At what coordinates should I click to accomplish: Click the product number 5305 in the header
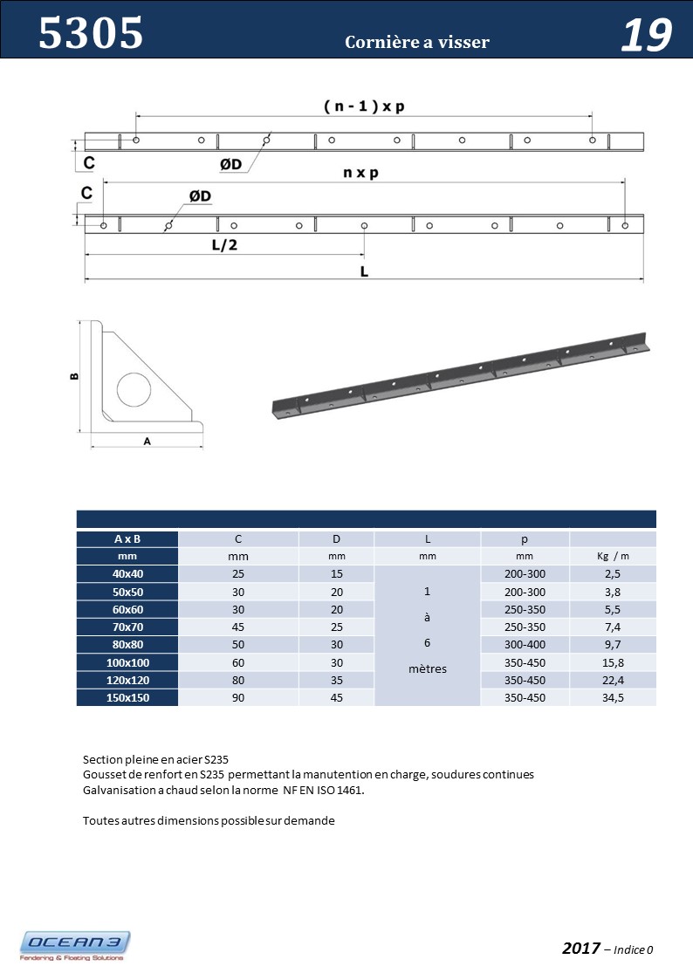click(x=91, y=35)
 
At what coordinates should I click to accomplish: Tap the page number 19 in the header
click(x=646, y=36)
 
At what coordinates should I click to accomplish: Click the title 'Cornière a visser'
click(x=417, y=42)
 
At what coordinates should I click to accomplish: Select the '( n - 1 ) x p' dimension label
click(x=364, y=106)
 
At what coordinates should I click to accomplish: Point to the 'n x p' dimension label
click(x=360, y=173)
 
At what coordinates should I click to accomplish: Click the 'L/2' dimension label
click(x=224, y=245)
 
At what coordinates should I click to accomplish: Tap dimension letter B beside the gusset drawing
click(x=74, y=376)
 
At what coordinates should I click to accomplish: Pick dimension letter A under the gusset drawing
click(x=148, y=442)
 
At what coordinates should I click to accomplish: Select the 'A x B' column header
click(x=127, y=539)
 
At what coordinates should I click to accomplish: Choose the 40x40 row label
click(x=127, y=574)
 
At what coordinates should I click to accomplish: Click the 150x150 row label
click(x=127, y=697)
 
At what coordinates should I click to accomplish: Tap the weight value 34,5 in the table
click(x=612, y=697)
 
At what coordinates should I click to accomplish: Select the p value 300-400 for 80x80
click(x=525, y=645)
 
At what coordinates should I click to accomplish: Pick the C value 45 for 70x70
click(x=238, y=627)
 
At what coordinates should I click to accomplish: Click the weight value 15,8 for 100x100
click(x=612, y=662)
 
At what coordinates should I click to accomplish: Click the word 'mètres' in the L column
click(x=427, y=669)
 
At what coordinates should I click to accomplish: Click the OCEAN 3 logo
click(x=75, y=945)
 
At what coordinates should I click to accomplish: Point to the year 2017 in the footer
click(x=581, y=949)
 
